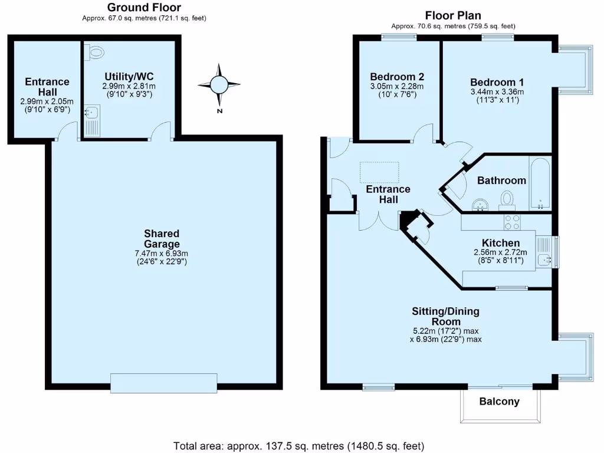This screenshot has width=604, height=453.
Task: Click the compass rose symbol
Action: point(219,86)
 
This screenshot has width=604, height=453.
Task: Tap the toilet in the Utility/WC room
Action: point(96,52)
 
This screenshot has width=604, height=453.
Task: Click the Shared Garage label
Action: point(162,239)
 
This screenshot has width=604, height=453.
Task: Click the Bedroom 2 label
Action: point(397,77)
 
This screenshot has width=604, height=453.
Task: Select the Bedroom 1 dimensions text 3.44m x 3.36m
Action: point(497,91)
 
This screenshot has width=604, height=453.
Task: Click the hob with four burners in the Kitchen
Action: point(512,222)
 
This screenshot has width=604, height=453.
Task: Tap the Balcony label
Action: point(499,402)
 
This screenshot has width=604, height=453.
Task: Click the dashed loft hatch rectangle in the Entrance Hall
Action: point(379,172)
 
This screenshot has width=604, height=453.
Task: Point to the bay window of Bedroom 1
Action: point(573,70)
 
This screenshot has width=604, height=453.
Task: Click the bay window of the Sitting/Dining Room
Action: point(576,356)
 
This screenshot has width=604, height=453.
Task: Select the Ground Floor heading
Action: point(145,8)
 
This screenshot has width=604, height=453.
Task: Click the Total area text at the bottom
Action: point(298,445)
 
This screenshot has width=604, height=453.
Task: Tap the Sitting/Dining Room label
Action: point(445,316)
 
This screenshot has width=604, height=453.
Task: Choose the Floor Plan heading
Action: point(454,15)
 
